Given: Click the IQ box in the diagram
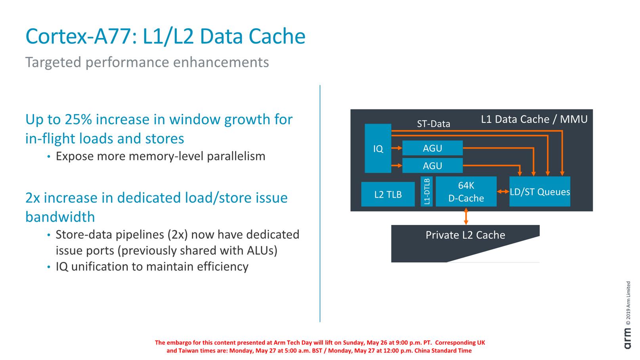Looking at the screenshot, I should click(378, 149).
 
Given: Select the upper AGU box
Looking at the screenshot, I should click(432, 148).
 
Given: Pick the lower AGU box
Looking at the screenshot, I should click(432, 166).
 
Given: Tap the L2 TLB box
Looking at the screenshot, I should click(388, 194).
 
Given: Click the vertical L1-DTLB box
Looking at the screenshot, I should click(426, 192).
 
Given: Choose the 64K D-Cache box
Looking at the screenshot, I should click(466, 192).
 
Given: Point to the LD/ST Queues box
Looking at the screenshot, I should click(539, 192).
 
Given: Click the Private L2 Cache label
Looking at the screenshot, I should click(465, 235).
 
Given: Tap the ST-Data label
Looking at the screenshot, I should click(433, 124).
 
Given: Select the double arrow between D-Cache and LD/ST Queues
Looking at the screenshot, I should click(503, 192).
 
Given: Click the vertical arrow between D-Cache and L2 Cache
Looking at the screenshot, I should click(466, 216).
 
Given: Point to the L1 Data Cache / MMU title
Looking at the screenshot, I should click(534, 119).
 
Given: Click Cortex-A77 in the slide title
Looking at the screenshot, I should click(78, 36).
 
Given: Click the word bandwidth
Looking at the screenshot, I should click(60, 217).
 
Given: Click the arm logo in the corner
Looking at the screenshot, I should click(628, 339).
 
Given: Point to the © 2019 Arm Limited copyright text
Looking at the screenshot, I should click(628, 303).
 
